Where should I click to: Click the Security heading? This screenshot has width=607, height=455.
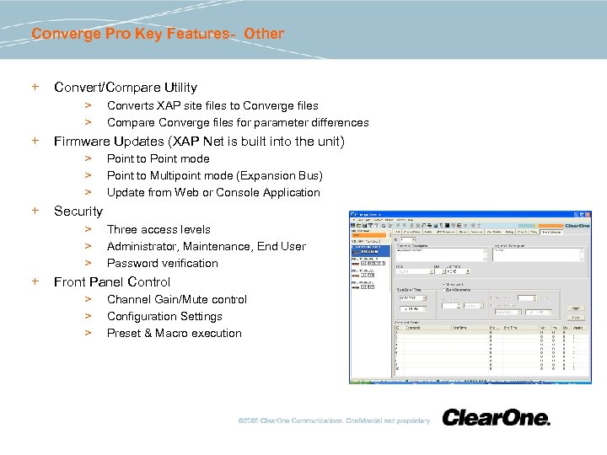click(x=78, y=211)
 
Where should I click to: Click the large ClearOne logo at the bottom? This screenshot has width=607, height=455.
click(x=496, y=418)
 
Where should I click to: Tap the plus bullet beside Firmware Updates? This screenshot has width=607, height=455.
click(x=35, y=141)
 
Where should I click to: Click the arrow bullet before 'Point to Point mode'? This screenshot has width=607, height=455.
click(x=87, y=158)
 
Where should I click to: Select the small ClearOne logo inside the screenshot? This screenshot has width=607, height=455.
click(x=577, y=226)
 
